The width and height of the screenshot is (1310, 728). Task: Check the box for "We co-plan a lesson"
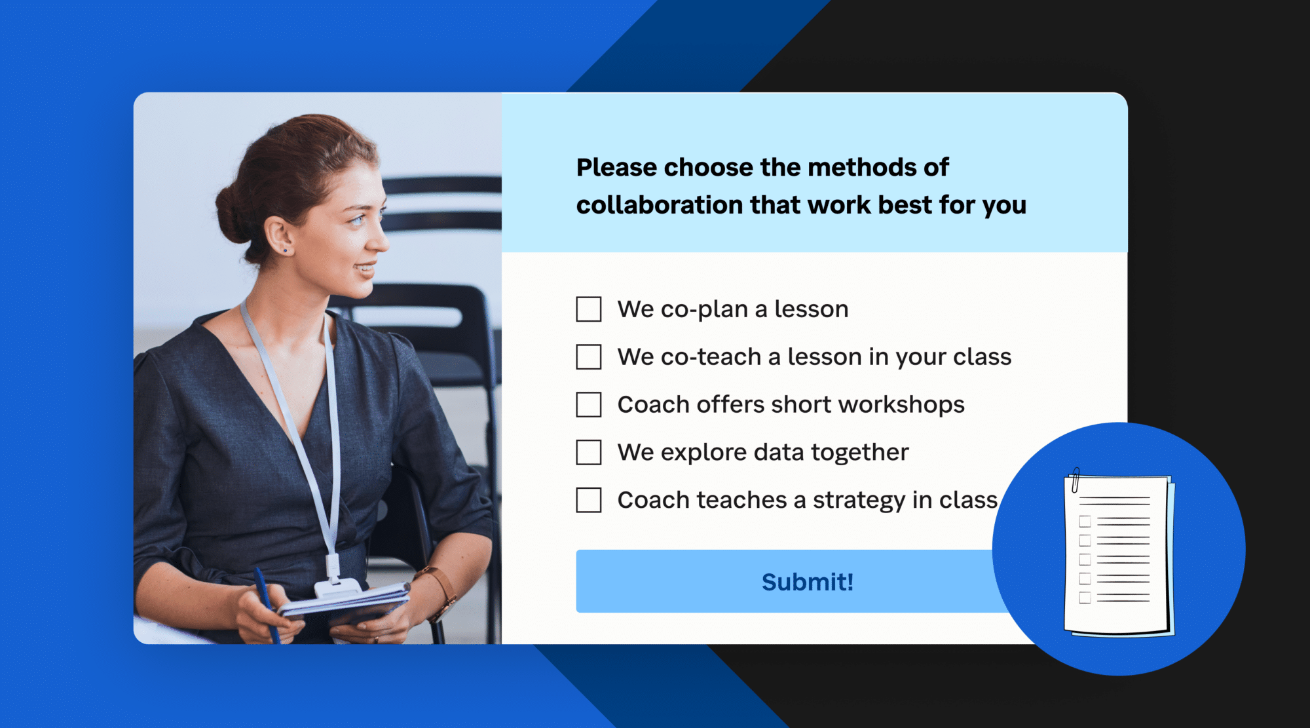point(588,309)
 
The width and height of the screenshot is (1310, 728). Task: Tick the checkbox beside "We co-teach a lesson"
point(588,357)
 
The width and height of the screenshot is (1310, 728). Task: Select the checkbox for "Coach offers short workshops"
point(588,405)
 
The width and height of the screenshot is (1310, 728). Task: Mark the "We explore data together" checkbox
point(588,453)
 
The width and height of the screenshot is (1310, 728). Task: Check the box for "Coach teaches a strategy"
point(588,501)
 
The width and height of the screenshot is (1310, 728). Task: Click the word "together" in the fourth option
point(859,453)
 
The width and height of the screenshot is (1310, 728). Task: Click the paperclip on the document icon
point(1075,480)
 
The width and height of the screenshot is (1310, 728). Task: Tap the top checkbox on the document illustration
point(1085,522)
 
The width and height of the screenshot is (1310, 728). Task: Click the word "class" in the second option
point(982,357)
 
